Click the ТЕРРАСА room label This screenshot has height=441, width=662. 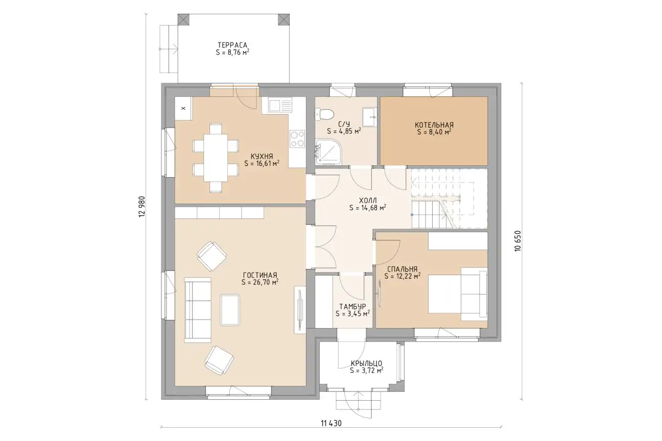click(x=232, y=45)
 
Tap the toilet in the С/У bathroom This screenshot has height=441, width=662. click(x=324, y=114)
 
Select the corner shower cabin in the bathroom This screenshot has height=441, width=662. click(x=328, y=151)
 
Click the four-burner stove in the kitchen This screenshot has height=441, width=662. click(x=297, y=139)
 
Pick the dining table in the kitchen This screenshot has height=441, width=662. click(x=216, y=158)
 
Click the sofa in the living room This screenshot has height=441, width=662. click(x=197, y=310)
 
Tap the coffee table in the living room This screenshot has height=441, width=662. click(x=230, y=310)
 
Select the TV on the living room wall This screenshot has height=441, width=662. click(x=300, y=310)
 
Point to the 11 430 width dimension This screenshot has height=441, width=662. click(x=331, y=424)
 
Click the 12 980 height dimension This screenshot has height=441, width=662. click(x=142, y=207)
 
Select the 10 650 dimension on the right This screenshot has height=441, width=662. click(x=517, y=241)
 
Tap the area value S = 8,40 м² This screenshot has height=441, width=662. click(x=434, y=132)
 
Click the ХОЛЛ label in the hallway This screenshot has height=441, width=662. click(x=368, y=201)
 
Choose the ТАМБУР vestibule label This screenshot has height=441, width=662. click(x=352, y=306)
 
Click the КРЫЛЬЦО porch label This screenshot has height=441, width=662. click(x=366, y=363)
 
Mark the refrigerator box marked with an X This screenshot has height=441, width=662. click(x=183, y=108)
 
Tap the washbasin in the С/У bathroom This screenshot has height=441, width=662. click(x=369, y=117)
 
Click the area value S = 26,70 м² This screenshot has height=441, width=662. click(x=260, y=282)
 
